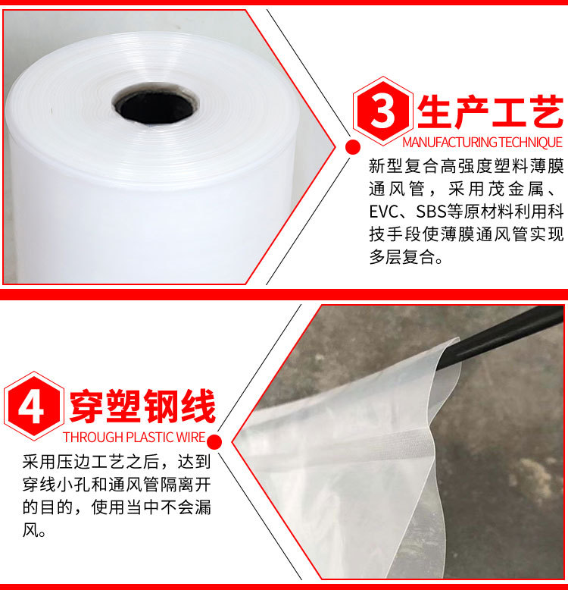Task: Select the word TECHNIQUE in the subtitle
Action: click(x=531, y=143)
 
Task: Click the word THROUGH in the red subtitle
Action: click(x=91, y=438)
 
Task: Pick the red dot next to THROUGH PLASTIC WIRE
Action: click(x=214, y=441)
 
